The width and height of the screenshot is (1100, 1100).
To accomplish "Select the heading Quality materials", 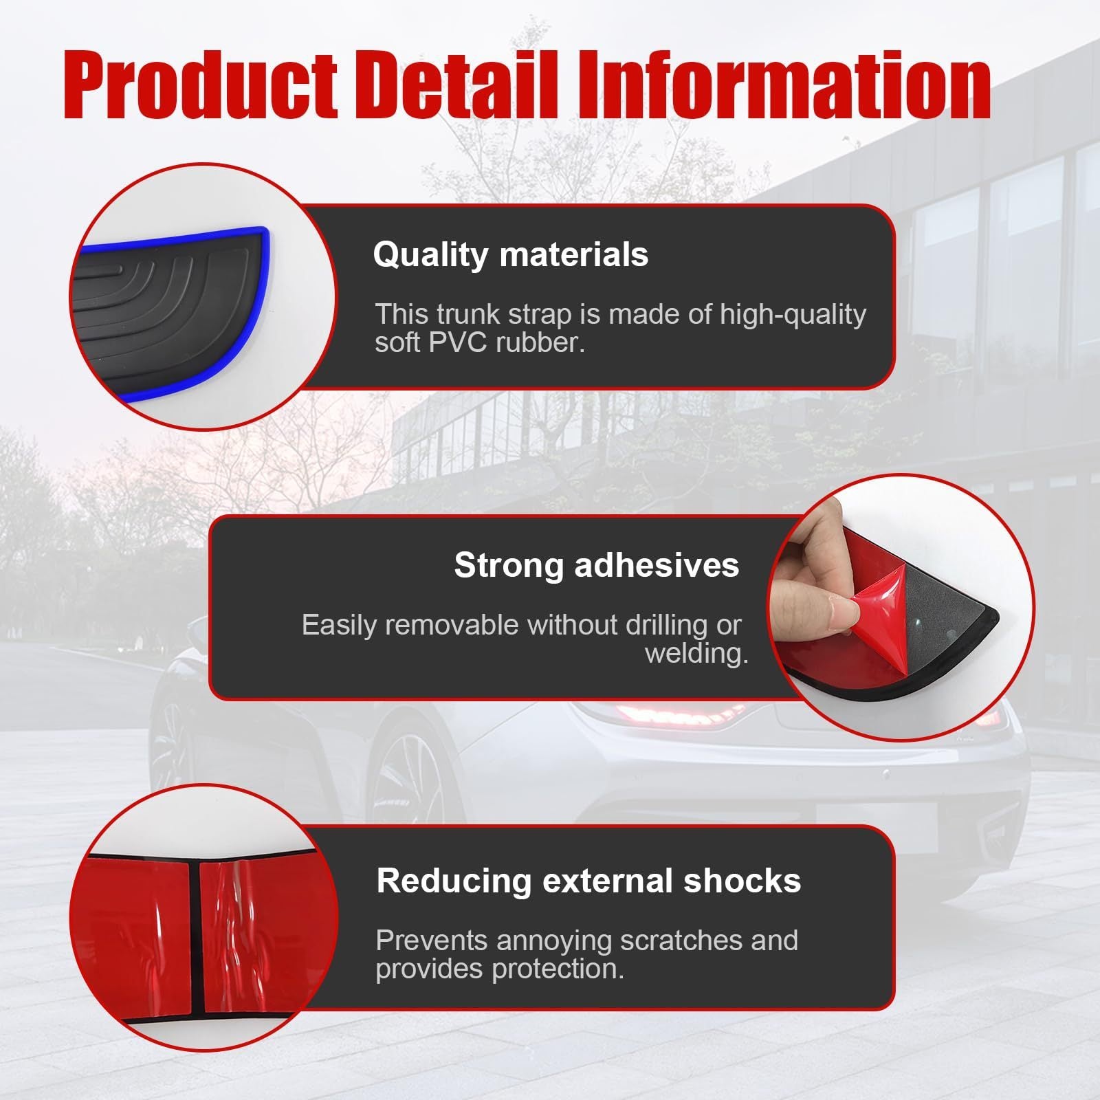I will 510,254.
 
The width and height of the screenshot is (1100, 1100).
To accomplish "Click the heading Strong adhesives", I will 596,565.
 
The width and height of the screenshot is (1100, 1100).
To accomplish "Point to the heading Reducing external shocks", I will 588,881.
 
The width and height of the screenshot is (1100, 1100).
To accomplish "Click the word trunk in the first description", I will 468,314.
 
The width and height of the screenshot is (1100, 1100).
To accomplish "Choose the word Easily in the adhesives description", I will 341,625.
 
